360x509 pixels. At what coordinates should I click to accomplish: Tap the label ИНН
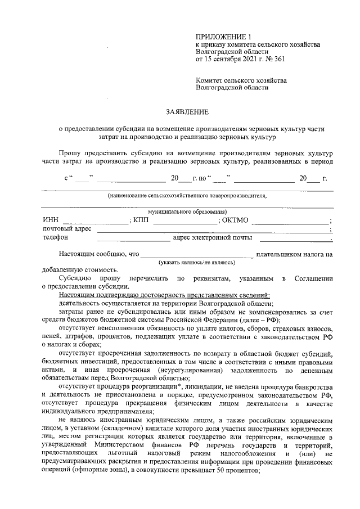coord(50,220)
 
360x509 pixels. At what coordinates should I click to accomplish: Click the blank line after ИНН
coord(96,222)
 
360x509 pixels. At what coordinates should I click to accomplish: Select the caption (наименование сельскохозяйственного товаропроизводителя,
coord(187,196)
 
